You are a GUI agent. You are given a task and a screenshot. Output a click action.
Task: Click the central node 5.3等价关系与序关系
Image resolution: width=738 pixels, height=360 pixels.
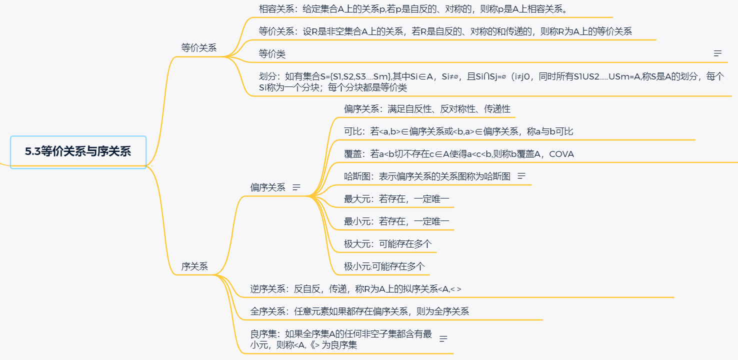coord(78,152)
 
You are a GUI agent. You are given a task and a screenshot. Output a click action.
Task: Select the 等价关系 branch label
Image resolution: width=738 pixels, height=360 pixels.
coord(198,48)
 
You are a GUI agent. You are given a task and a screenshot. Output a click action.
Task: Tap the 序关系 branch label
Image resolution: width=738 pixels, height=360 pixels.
coord(194,266)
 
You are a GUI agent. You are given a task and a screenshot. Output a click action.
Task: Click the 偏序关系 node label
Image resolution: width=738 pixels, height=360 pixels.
coord(267,187)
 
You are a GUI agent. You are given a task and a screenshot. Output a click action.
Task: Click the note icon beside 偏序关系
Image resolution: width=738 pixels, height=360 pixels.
coord(296,187)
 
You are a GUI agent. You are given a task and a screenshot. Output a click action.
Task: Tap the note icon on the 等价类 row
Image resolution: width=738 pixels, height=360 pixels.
coord(717,53)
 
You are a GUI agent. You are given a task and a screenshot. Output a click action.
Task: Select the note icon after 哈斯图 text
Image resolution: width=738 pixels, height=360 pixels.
coord(522,176)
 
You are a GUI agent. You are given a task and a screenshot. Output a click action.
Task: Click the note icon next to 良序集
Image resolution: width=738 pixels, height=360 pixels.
coord(443,339)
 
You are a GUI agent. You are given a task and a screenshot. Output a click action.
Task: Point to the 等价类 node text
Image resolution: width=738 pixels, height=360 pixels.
coord(272,53)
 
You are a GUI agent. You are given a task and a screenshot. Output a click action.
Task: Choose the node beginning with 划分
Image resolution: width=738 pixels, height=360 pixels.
coord(490,82)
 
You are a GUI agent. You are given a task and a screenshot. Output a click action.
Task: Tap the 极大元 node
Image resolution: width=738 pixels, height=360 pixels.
coord(387,244)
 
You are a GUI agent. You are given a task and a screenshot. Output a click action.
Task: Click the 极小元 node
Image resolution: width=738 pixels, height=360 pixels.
coord(384,266)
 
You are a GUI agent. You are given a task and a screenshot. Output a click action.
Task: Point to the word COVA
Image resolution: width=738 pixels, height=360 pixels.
coord(561,154)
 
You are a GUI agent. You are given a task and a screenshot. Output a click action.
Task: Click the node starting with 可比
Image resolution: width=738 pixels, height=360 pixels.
coord(458,131)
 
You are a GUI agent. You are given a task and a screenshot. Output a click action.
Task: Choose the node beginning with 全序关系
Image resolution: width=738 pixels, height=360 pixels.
coord(359,311)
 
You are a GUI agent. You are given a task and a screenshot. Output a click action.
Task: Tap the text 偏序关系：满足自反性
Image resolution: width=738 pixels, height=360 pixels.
coord(427,108)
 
